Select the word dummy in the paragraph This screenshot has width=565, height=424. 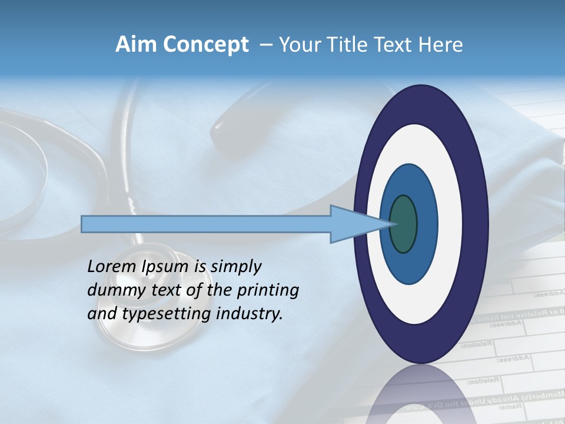pyautogui.click(x=111, y=290)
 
